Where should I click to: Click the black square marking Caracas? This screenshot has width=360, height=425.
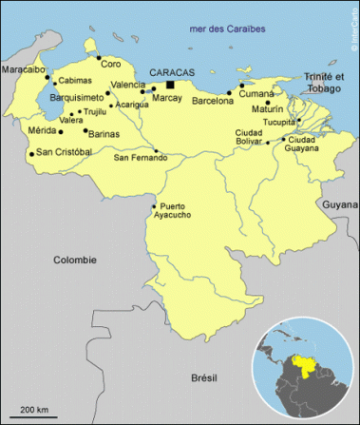(197, 85)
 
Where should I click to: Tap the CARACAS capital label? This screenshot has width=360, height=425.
(172, 72)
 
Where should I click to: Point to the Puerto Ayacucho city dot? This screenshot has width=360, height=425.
(155, 206)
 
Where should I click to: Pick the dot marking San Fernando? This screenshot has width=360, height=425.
(156, 150)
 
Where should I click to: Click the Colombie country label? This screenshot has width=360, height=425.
(75, 260)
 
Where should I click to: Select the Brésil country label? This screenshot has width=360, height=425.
(203, 377)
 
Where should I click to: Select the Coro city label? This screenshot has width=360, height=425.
(111, 65)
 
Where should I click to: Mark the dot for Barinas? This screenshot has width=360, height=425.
(85, 130)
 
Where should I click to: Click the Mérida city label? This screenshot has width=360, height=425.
(43, 130)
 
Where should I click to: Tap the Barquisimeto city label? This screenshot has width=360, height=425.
(49, 97)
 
